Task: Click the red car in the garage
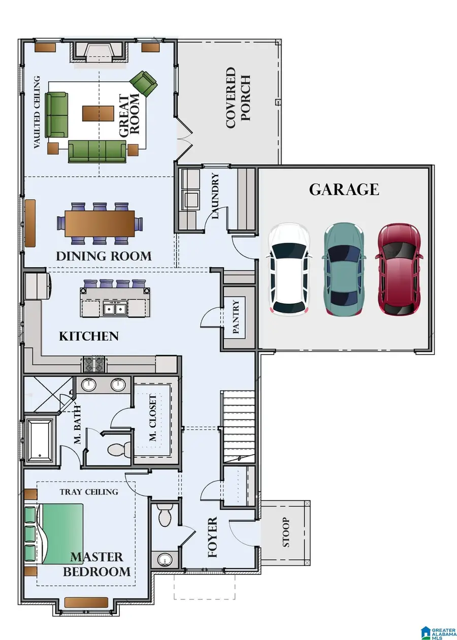pos(399,269)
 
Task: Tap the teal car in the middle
pos(344,269)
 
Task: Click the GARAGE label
pos(344,189)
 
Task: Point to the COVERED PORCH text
pos(238,98)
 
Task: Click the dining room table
pos(100,223)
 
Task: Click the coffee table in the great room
pos(98,113)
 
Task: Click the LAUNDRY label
pos(215,196)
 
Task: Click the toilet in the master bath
pos(118,450)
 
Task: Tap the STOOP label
pos(286,532)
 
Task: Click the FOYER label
pos(213,537)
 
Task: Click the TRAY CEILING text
pos(89,492)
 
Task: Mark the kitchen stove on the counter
pos(93,364)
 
